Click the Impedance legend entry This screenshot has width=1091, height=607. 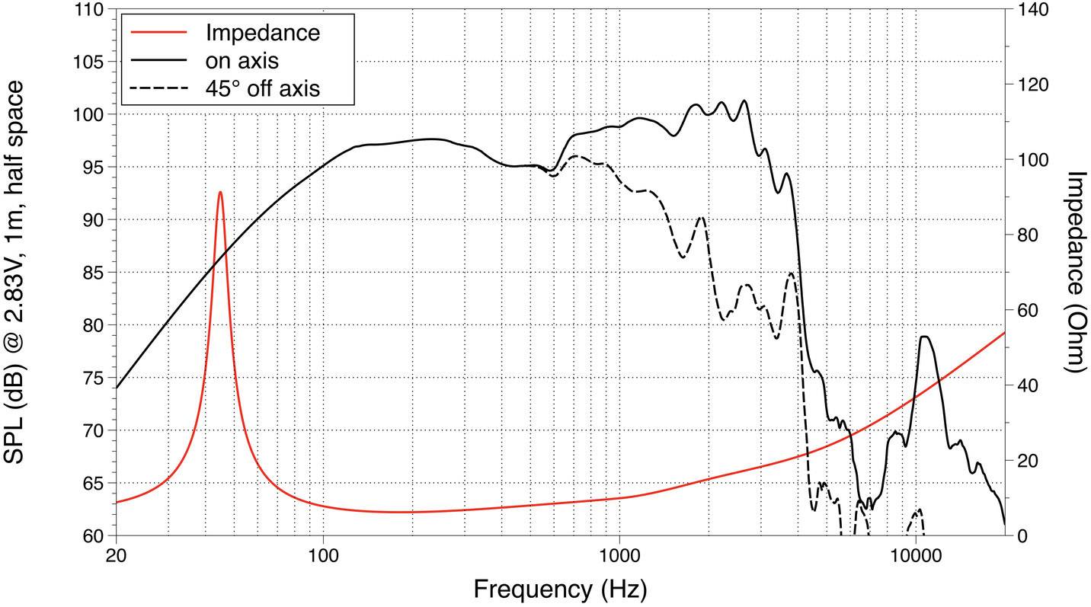point(262,33)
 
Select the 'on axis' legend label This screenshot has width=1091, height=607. point(242,60)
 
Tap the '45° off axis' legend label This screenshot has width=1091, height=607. point(262,88)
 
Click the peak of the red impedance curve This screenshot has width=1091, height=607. point(220,192)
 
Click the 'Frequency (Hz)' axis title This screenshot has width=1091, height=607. point(560,589)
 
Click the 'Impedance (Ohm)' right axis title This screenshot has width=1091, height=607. point(1075,271)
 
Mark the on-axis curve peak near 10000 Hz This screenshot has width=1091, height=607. point(924,337)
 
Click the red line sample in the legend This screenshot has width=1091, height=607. point(158,33)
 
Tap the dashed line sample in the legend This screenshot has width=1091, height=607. point(158,88)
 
